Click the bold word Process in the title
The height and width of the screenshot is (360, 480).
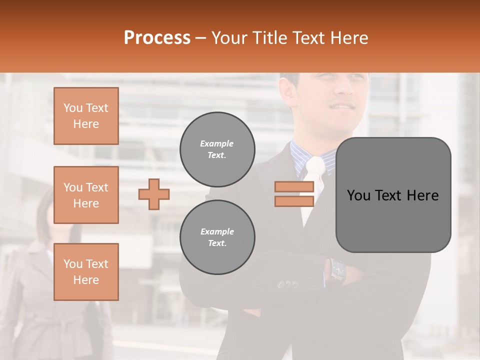[157, 38]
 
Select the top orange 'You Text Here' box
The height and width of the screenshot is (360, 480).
[86, 116]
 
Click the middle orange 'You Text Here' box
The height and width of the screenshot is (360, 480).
[86, 195]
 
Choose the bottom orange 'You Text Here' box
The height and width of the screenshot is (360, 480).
[86, 272]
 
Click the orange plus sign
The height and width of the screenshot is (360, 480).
[154, 194]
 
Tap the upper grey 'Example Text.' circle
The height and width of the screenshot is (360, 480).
[217, 149]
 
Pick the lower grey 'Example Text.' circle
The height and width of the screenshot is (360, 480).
[217, 237]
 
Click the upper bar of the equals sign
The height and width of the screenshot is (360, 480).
[294, 187]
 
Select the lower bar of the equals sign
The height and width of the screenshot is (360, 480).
[294, 201]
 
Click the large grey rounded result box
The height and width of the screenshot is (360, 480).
[393, 195]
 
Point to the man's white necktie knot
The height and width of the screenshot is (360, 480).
[315, 166]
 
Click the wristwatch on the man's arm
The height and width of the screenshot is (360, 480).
[338, 270]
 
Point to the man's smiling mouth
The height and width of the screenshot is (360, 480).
[343, 106]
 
